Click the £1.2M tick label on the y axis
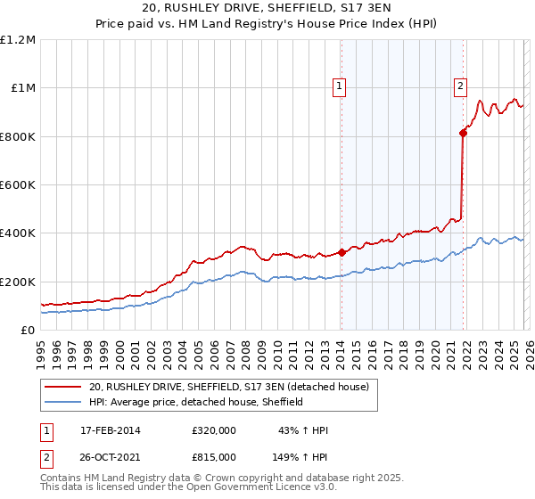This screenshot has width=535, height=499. point(18,40)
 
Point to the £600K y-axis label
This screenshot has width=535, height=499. point(18,185)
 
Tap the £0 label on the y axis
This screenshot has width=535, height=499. point(28,331)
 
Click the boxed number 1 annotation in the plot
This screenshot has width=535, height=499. point(341,86)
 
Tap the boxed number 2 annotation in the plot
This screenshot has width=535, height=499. point(460,86)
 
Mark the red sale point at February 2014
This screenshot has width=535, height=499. point(342,252)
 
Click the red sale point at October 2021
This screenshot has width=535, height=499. point(463,133)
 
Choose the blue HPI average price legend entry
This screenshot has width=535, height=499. point(196,402)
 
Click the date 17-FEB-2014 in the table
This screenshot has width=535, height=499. point(111,430)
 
